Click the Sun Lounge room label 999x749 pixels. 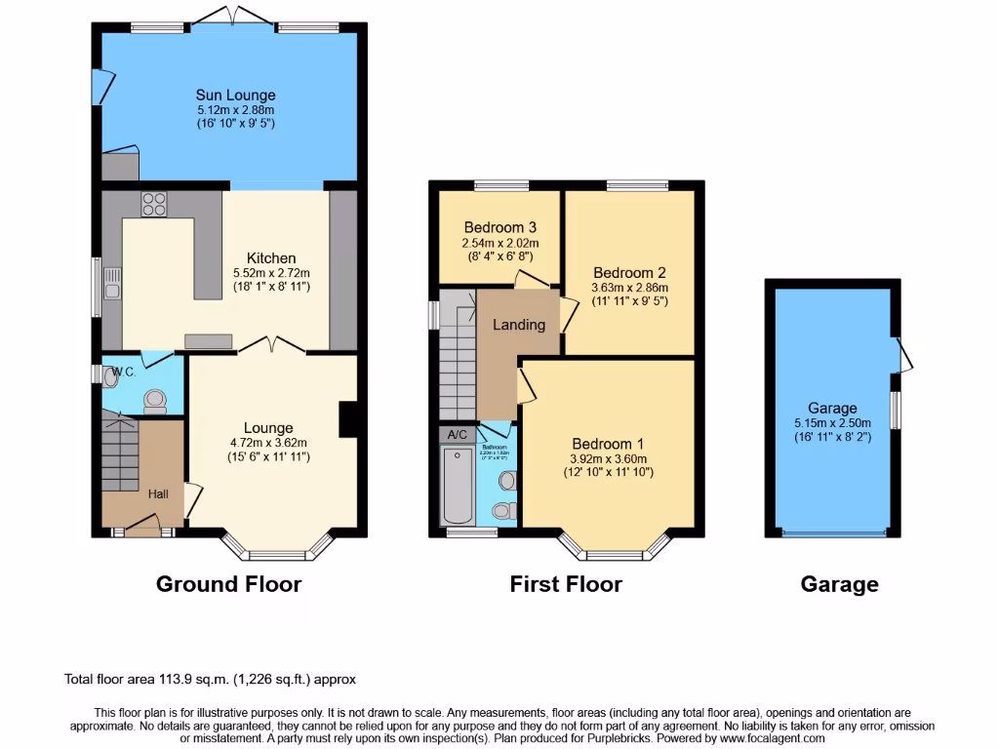[235, 95]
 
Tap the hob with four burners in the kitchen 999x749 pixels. [154, 204]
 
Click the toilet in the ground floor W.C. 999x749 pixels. [153, 400]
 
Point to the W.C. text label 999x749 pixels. [123, 372]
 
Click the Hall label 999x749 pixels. [158, 494]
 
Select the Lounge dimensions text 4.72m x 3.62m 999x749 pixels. [268, 443]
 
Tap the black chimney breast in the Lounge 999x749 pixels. [346, 419]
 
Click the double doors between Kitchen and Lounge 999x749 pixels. [271, 343]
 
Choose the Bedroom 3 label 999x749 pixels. [499, 227]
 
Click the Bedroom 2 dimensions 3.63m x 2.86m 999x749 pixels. [629, 289]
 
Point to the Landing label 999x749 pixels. [518, 325]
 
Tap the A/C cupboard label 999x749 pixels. [457, 434]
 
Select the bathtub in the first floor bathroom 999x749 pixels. [457, 485]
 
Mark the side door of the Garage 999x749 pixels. [903, 355]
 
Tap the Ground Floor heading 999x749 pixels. [229, 584]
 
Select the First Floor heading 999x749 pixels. [566, 584]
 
